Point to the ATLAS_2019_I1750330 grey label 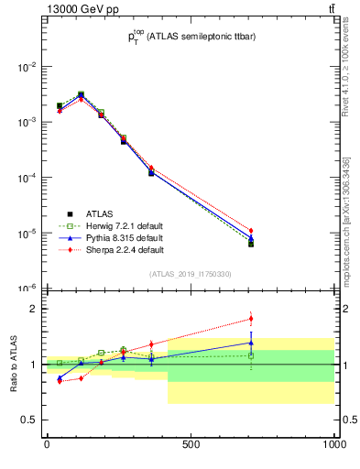coord(191,274)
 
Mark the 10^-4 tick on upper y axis coord(25,178)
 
